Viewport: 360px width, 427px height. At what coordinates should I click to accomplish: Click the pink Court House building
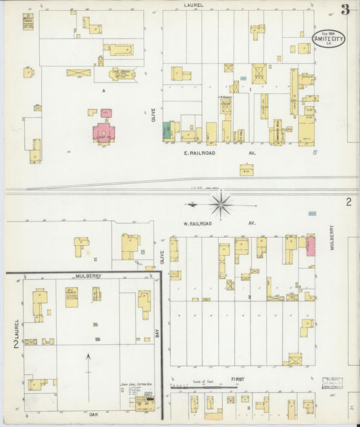click(104, 132)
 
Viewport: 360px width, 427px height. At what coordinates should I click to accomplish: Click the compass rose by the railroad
click(222, 203)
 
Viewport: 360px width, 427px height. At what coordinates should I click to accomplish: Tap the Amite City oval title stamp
click(329, 39)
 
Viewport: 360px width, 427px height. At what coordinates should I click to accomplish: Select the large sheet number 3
click(345, 9)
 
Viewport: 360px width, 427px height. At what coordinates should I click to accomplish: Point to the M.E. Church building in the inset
click(72, 296)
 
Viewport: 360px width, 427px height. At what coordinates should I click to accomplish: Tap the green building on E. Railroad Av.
click(167, 130)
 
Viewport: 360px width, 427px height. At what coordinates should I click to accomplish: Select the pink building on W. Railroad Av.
click(311, 245)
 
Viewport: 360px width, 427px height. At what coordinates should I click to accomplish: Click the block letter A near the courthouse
click(103, 90)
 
